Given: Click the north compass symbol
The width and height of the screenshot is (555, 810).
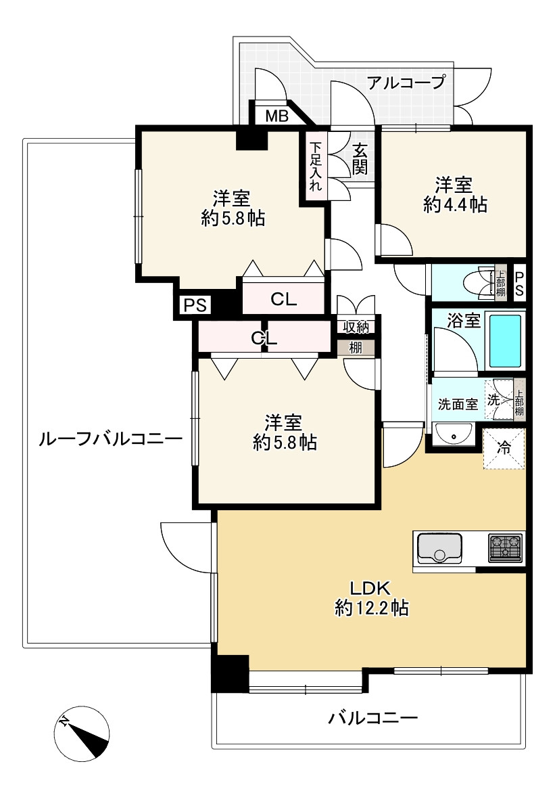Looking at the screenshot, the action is tap(82, 734).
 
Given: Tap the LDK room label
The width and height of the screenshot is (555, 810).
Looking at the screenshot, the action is tap(370, 588).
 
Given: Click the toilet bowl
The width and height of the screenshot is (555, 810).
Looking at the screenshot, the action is tap(477, 283).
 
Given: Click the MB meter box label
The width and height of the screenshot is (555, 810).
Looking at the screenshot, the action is tap(276, 116).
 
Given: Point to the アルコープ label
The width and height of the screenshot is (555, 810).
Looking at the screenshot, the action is tap(406, 82).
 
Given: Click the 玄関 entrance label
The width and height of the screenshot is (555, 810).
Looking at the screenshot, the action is tap(360, 158).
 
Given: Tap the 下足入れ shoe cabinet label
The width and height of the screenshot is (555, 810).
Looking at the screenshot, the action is tap(316, 166).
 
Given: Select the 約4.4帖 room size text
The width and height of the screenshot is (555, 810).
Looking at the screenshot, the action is tap(455, 205).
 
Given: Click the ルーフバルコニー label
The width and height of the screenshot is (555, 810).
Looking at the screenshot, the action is tap(110, 440).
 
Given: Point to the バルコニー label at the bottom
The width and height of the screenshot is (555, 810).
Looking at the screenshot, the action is tap(372, 718).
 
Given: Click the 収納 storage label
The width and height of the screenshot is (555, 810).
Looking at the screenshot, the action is tap(356, 326).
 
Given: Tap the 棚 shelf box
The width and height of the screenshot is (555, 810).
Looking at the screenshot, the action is tap(356, 348).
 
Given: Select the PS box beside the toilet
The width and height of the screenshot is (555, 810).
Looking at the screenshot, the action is tap(519, 284).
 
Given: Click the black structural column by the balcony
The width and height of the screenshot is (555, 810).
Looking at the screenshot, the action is tap(231, 673).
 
